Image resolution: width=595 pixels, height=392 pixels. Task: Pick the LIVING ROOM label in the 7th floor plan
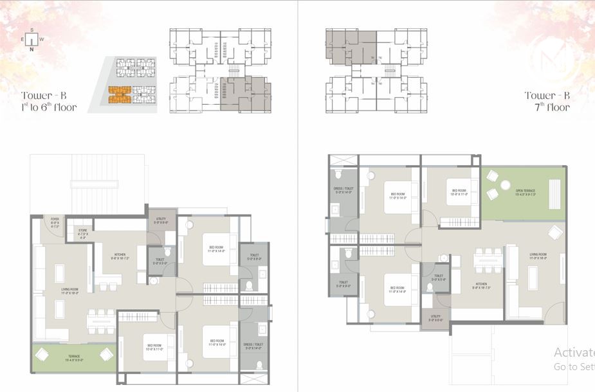538,256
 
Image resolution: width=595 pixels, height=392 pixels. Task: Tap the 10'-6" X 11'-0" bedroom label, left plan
154,346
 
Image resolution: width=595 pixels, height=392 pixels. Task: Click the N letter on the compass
32,48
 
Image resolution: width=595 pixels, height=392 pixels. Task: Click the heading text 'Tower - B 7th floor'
547,102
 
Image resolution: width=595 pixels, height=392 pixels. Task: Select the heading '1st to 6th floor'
49,107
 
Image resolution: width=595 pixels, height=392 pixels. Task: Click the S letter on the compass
32,29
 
